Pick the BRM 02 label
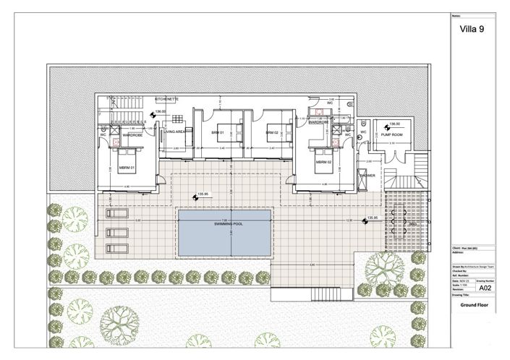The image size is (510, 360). tap(272, 133)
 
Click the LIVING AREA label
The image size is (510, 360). tap(177, 133)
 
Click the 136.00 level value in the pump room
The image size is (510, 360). tap(394, 124)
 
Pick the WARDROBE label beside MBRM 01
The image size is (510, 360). tap(132, 134)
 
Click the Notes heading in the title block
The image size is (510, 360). tap(456, 14)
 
